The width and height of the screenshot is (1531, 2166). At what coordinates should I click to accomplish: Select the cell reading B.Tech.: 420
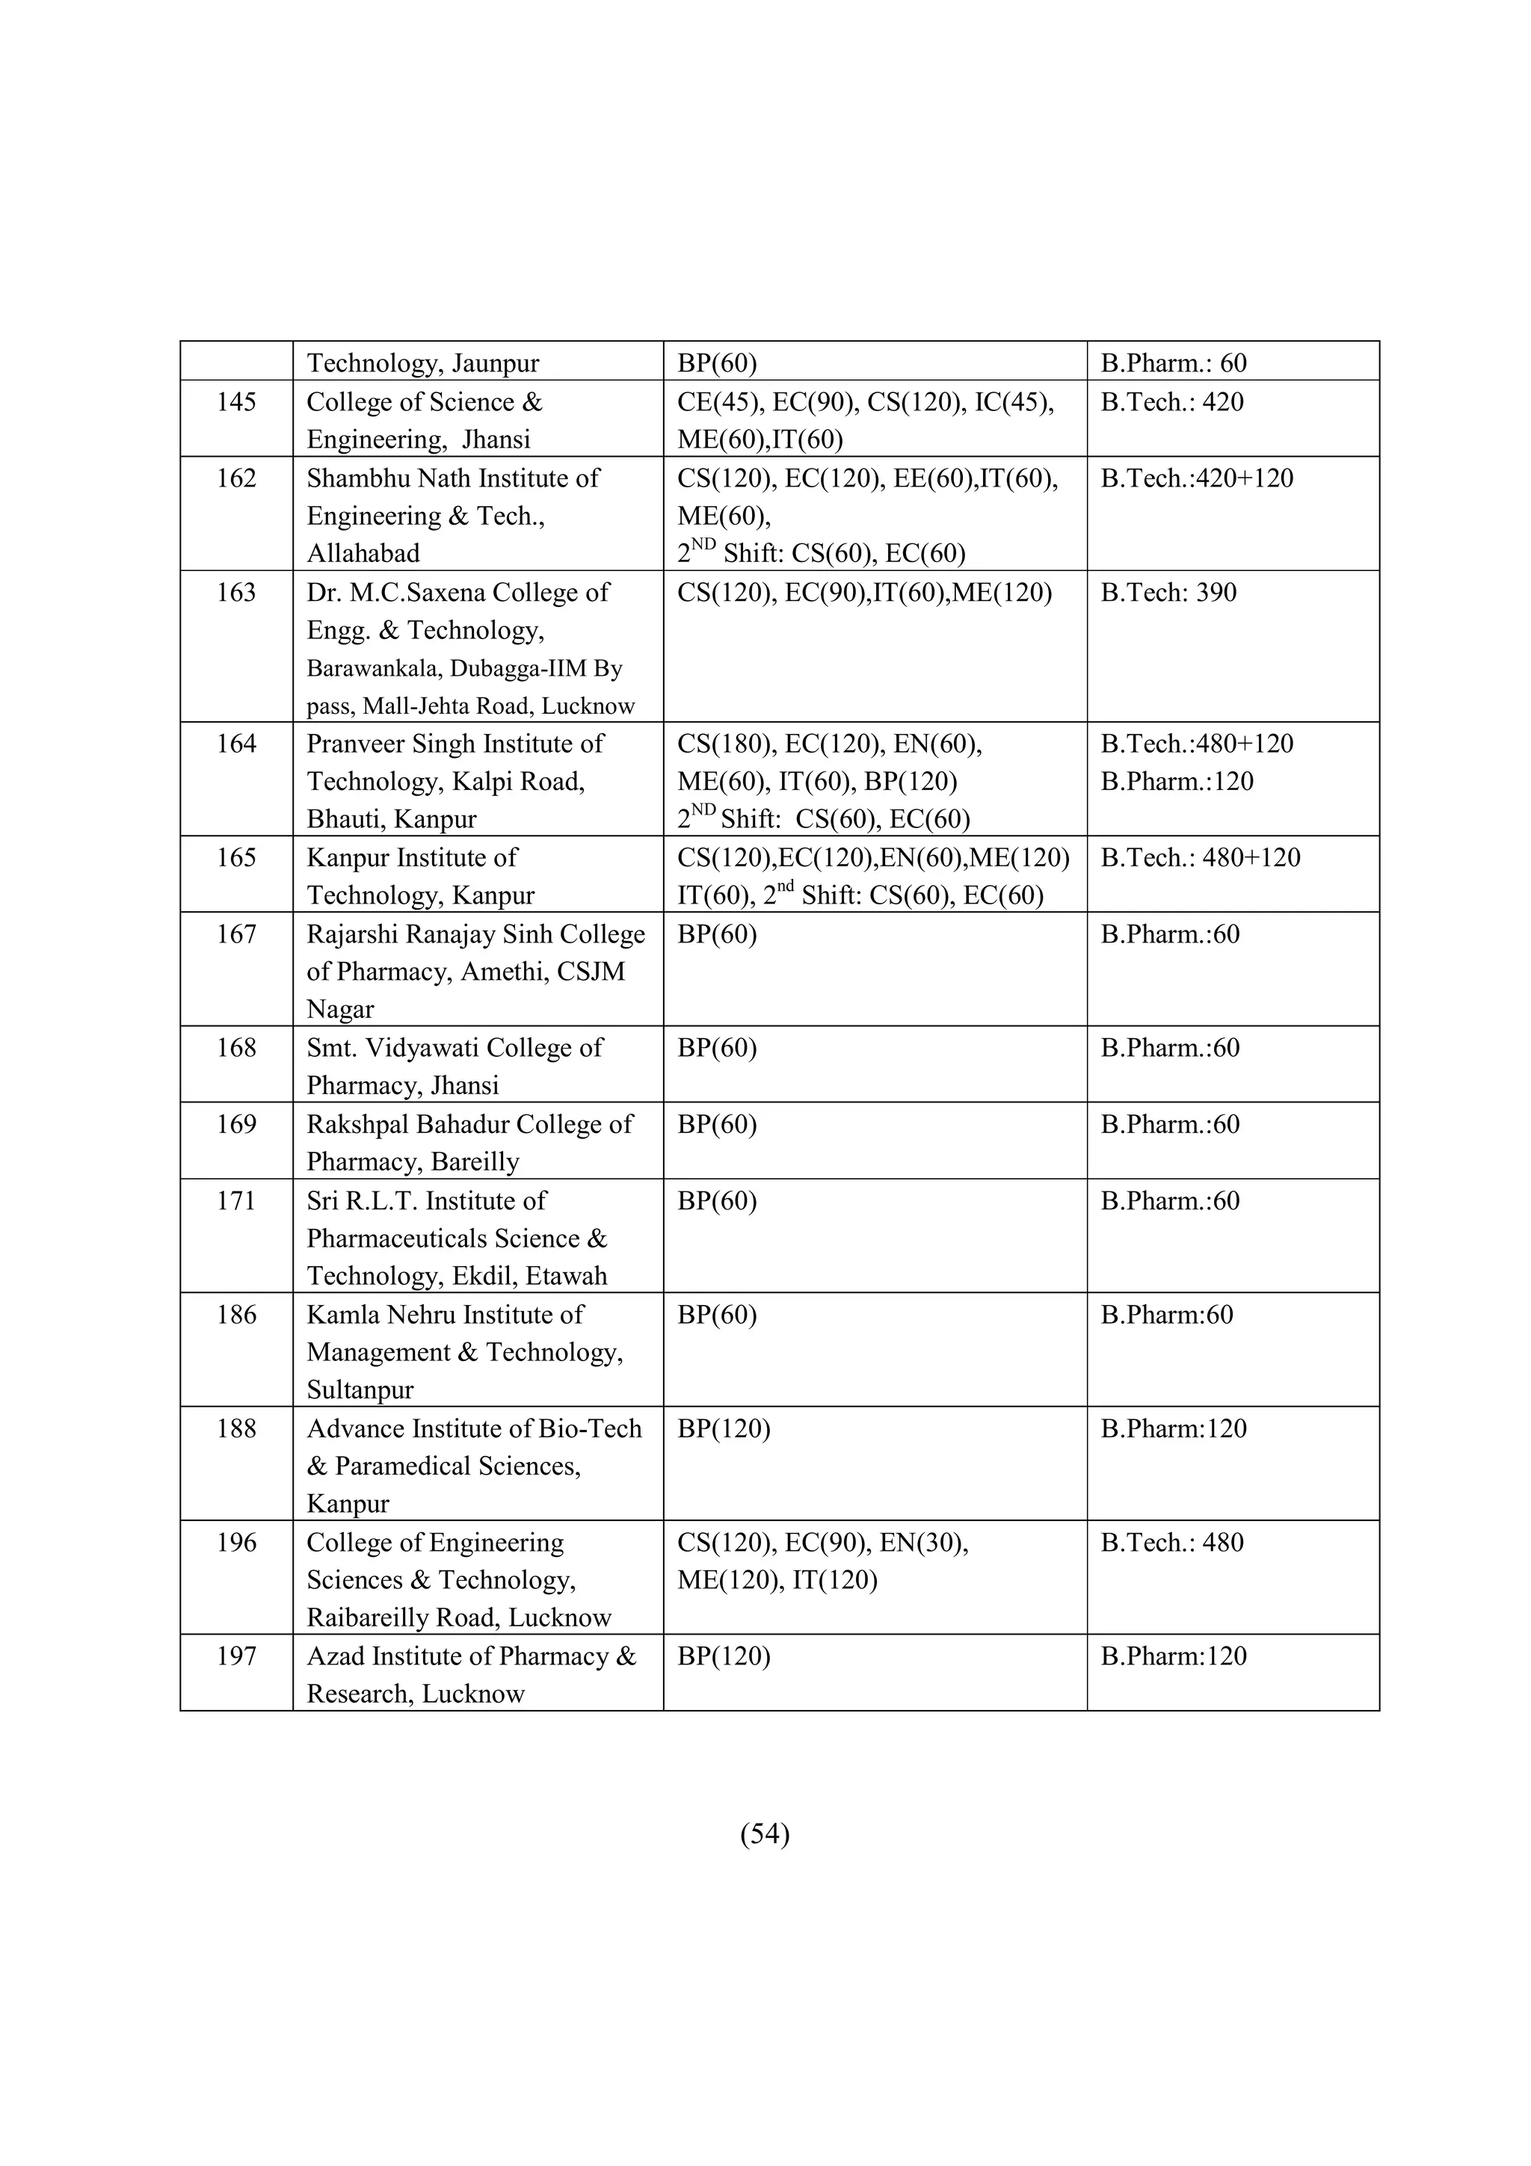click(x=1171, y=402)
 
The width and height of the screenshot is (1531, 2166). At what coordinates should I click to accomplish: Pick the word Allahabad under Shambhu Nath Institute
click(x=363, y=553)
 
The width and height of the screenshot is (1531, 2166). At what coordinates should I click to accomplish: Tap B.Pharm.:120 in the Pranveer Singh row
click(x=1177, y=781)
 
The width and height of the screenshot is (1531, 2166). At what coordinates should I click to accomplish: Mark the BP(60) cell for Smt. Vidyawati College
click(x=717, y=1047)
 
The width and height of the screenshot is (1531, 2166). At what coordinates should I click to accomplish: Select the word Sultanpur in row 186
click(x=360, y=1389)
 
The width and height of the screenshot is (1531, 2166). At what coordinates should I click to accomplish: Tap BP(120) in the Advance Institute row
click(x=724, y=1428)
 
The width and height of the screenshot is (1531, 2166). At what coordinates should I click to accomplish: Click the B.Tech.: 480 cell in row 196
click(x=1171, y=1543)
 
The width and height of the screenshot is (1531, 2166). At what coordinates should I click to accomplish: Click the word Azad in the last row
click(x=336, y=1656)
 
